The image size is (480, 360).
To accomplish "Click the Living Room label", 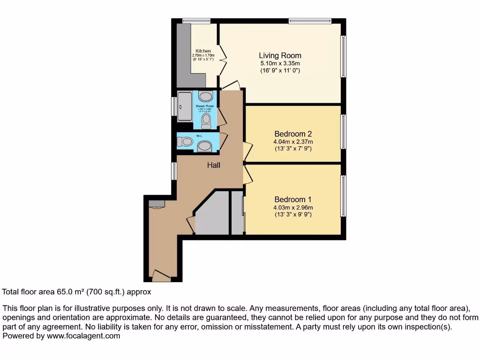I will click(280, 55).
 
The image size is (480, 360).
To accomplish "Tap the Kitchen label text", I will click(203, 51).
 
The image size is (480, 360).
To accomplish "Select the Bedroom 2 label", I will click(293, 134).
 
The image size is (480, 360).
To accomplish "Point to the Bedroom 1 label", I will click(293, 199).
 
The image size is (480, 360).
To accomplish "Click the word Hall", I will click(214, 165).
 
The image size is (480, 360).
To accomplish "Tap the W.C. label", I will click(199, 136).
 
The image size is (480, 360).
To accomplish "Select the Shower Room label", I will click(204, 106).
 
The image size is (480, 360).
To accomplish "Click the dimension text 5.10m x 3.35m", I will click(280, 63).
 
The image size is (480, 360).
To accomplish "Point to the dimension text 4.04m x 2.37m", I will click(293, 142).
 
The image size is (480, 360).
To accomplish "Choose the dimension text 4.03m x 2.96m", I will click(293, 207).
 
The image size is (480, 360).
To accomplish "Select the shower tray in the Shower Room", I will click(185, 107).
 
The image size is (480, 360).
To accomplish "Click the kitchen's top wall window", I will click(196, 20).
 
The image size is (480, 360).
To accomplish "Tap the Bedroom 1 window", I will click(343, 196).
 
